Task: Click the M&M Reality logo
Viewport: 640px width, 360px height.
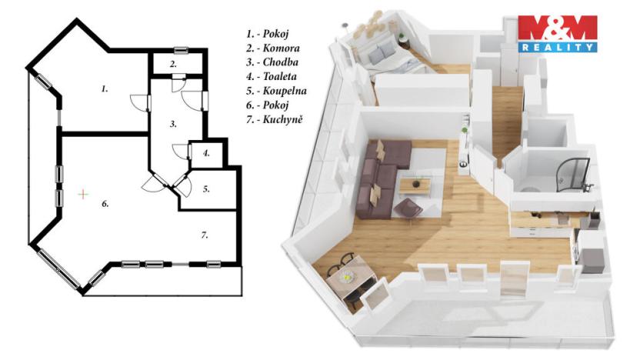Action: (x=558, y=33)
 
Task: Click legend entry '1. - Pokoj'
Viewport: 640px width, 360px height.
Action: (x=268, y=35)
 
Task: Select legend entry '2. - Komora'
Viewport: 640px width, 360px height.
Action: (x=271, y=49)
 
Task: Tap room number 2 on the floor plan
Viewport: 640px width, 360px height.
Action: (x=174, y=64)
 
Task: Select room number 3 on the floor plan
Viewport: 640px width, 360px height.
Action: (x=174, y=123)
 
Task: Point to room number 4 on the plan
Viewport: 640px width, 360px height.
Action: (x=206, y=153)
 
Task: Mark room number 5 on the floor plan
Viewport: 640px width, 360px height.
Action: (x=207, y=188)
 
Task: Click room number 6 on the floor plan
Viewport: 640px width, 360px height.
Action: (x=105, y=205)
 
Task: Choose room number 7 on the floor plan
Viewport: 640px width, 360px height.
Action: (x=205, y=235)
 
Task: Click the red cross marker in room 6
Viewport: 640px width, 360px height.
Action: (x=83, y=194)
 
